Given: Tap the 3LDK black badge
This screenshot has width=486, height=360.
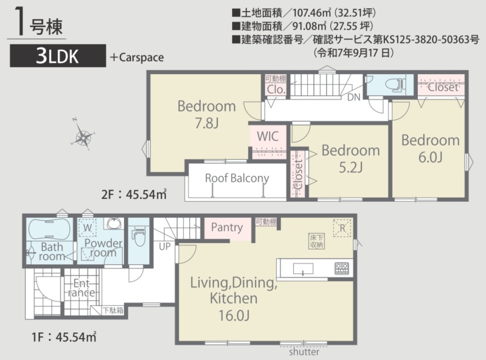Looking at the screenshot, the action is (x=58, y=56).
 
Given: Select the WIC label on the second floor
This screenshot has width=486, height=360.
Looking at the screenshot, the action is (x=267, y=136).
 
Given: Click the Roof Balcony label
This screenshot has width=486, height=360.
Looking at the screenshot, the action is (x=237, y=178).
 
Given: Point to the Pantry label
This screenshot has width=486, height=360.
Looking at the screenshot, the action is (x=227, y=228).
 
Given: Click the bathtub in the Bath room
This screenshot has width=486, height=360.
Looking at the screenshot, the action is (x=49, y=229).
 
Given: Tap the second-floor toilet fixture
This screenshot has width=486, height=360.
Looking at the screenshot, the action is (x=395, y=84).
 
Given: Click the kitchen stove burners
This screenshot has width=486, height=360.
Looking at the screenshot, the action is (x=341, y=269).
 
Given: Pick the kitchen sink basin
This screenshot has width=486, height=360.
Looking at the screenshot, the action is (x=303, y=269).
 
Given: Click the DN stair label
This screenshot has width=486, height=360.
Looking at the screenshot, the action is (x=354, y=97).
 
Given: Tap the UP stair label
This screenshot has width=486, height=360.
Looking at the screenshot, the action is (x=165, y=246).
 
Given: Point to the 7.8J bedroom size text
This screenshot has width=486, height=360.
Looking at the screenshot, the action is (x=207, y=123).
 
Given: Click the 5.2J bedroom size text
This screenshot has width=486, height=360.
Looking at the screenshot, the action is (x=351, y=168).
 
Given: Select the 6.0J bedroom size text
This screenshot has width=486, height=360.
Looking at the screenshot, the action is (x=430, y=157).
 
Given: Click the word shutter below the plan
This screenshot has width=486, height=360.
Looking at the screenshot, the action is (x=304, y=352).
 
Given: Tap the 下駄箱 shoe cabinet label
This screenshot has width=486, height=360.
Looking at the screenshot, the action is (x=113, y=311).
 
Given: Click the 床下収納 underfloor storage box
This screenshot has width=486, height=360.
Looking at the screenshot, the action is (x=316, y=241).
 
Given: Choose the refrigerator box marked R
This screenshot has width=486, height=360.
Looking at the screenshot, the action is (x=342, y=228).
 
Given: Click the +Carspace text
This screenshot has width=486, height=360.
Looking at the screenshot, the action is (x=137, y=58).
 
